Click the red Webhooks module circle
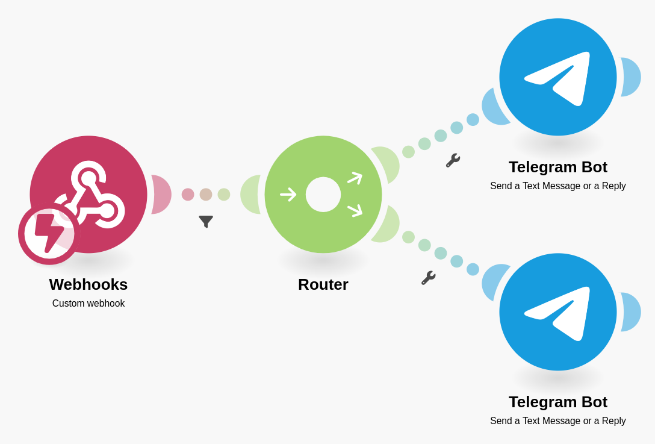pos(102,175)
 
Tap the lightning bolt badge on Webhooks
pos(49,234)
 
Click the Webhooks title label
pos(88,284)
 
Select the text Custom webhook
pos(88,304)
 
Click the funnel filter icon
pos(206,221)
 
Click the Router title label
pos(323,284)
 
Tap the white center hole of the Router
pos(323,195)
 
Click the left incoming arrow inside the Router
pos(288,195)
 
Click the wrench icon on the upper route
pos(453,160)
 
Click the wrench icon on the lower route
pos(428,278)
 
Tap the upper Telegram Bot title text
pos(558,167)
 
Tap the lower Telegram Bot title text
pos(558,402)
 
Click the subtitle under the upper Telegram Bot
pos(558,186)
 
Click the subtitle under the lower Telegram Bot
pos(558,421)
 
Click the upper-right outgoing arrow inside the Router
pos(355,178)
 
